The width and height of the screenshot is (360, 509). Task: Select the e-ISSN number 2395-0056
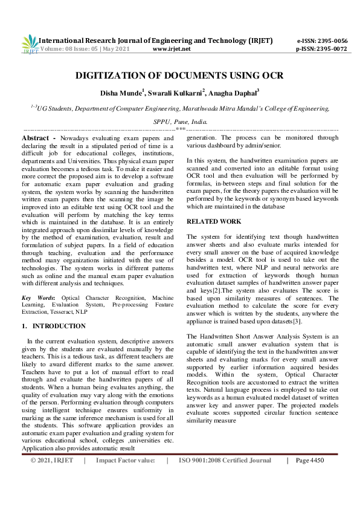tap(331, 41)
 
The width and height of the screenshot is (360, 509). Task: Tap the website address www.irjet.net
tap(172, 49)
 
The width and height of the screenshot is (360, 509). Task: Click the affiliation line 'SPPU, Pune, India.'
tap(179, 122)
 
